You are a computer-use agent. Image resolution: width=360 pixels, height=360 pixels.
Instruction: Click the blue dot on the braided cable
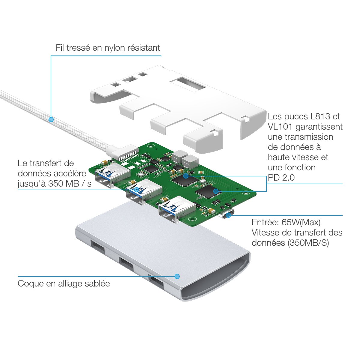click(x=51, y=119)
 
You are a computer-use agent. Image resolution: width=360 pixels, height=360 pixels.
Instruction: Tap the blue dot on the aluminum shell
click(x=177, y=276)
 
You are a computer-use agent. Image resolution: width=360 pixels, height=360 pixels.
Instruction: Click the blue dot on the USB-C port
click(x=229, y=215)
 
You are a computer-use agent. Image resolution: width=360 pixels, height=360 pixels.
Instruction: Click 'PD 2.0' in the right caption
click(x=281, y=178)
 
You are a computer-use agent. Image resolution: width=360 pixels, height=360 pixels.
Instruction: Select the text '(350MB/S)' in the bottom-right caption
click(x=308, y=243)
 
